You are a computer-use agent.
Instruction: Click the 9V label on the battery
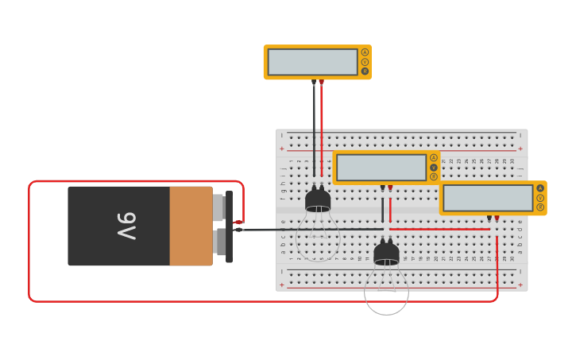pos(126,226)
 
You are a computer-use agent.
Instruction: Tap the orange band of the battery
pos(191,226)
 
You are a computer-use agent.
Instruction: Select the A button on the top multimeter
pos(365,52)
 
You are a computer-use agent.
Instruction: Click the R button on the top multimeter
pos(365,72)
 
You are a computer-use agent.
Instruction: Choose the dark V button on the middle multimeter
pos(434,168)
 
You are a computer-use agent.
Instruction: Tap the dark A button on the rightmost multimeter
pos(540,188)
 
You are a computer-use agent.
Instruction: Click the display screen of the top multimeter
pos(313,62)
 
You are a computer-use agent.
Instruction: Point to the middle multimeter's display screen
pos(381,168)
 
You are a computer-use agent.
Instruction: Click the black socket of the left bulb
pos(318,199)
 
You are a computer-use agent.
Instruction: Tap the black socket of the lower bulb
pos(386,254)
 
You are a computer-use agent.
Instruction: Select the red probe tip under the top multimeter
pos(321,82)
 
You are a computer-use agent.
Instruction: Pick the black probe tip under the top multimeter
pos(314,82)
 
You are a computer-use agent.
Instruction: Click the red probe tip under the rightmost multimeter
pos(497,218)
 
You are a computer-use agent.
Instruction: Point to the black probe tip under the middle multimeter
pos(382,188)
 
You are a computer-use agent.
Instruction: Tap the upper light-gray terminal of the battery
pos(218,207)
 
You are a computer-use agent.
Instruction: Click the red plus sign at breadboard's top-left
pos(281,149)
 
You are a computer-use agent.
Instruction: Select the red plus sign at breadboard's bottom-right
pos(520,285)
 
